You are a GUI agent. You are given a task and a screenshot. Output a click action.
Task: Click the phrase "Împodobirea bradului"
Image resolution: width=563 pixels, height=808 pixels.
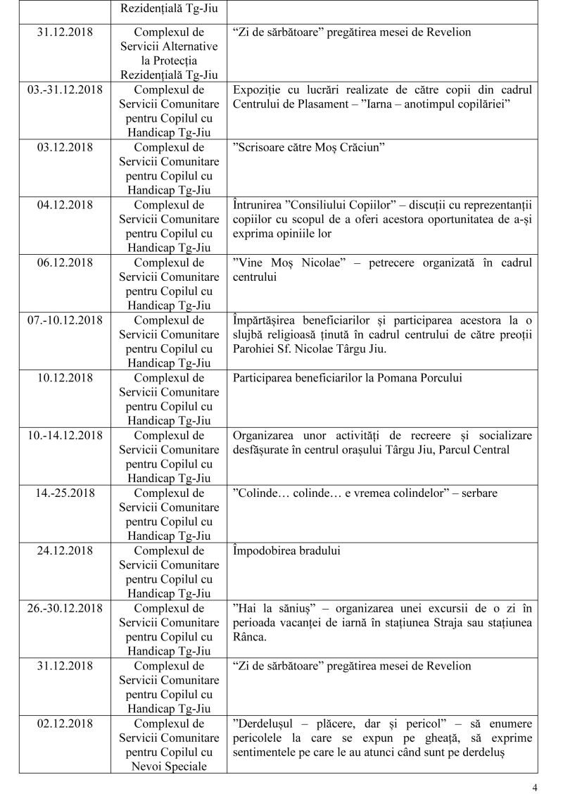(x=286, y=550)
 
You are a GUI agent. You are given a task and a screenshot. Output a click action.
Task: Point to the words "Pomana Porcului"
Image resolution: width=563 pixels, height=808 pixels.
(x=422, y=378)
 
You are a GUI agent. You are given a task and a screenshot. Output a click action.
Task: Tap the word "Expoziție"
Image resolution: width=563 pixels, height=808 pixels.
(x=258, y=90)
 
